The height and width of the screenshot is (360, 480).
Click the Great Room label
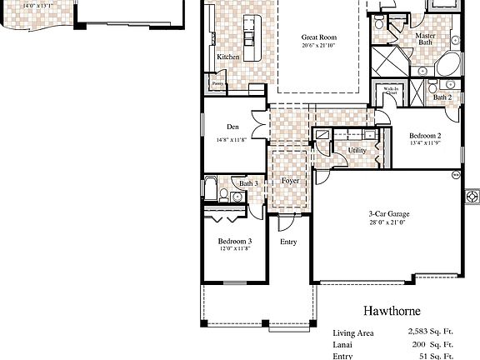coord(317,37)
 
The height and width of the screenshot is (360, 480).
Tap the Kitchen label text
coord(228,57)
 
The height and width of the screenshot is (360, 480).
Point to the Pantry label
coord(217,83)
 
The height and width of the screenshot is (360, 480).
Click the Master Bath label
coord(425,39)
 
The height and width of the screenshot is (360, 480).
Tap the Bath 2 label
coord(442,97)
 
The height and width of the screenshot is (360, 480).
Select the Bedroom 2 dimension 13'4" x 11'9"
coord(425,144)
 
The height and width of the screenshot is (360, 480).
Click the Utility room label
coord(357,150)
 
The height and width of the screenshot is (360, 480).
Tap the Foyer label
coord(290,181)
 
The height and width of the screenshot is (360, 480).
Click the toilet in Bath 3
coord(224,195)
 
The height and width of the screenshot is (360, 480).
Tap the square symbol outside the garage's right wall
coord(472,197)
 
